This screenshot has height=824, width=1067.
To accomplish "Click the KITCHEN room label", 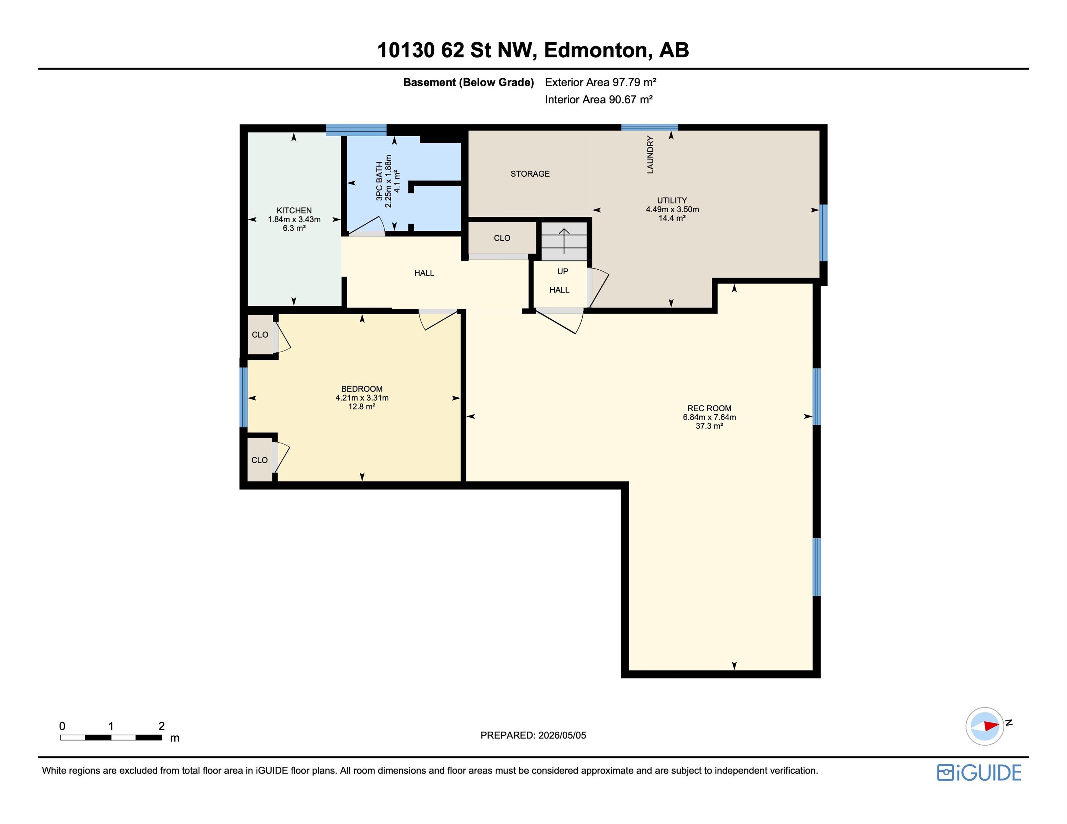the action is click(294, 210).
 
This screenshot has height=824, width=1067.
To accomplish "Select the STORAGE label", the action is click(530, 174).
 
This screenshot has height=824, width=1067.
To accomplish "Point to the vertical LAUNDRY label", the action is click(650, 155).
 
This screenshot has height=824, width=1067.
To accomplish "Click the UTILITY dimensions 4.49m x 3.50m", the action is click(672, 210).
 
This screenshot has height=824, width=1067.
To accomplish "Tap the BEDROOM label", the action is click(362, 389).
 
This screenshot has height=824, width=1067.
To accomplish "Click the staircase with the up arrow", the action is click(564, 241).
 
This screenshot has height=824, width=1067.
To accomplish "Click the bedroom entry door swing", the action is click(438, 320).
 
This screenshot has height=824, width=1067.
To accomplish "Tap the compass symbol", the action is click(985, 726).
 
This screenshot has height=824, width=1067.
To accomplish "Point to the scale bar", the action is click(111, 737).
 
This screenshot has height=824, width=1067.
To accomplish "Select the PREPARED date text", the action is click(533, 735).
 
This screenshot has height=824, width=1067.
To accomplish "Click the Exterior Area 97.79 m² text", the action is click(600, 82).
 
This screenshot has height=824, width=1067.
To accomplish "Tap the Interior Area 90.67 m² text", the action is click(599, 99).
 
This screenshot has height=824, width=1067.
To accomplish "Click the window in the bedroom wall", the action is click(244, 397).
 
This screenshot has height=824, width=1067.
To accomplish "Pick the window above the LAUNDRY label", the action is click(650, 128).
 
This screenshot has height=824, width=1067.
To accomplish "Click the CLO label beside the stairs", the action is click(502, 238).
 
